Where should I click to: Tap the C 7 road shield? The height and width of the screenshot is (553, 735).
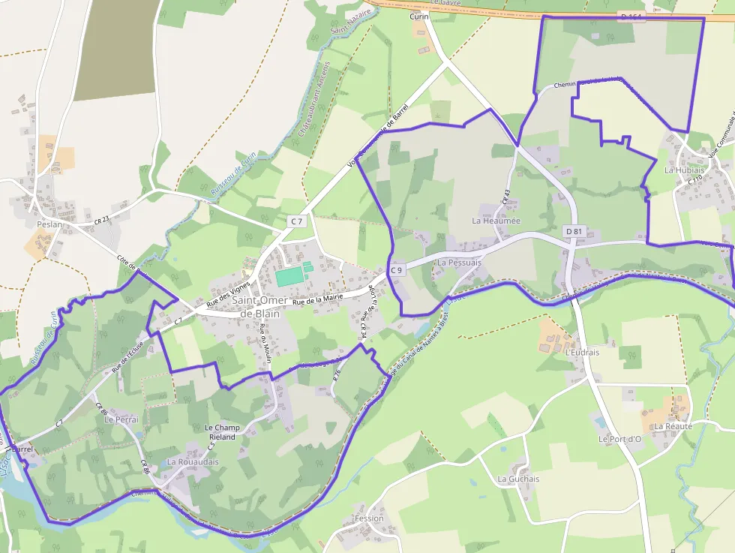297,221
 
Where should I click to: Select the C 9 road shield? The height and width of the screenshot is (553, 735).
397,269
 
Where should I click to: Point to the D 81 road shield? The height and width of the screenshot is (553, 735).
574,231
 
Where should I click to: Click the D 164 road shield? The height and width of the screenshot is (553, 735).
632,16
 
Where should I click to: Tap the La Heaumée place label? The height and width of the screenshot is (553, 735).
496,221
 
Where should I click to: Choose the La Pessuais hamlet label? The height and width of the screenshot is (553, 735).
459,263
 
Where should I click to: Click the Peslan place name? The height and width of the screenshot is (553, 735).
49,224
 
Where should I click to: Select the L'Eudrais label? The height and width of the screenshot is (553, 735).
583,352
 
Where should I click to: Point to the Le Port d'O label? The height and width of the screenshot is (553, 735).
619,438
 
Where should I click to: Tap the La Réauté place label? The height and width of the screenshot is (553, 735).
673,426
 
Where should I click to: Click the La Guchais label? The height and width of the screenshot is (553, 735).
518,479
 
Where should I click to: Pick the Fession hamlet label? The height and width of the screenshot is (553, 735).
369,518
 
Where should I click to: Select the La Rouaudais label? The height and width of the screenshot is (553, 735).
193,462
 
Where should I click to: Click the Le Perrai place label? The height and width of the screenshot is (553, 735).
121,419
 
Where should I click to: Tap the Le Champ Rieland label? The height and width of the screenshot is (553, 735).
222,432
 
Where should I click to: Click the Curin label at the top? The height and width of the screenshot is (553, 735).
418,17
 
